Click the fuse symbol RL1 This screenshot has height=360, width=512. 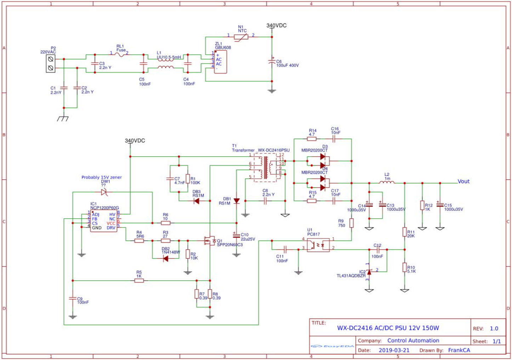pyautogui.click(x=120, y=54)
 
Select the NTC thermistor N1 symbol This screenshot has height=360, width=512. pyautogui.click(x=241, y=36)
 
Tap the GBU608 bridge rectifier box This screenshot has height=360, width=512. pyautogui.click(x=220, y=62)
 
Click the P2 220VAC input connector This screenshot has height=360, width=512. pyautogui.click(x=51, y=64)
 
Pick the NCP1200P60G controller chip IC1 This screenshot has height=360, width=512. pyautogui.click(x=104, y=221)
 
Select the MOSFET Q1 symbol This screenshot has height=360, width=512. pyautogui.click(x=210, y=241)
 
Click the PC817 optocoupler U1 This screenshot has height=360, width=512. pyautogui.click(x=318, y=245)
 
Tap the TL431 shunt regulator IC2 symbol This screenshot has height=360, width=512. pyautogui.click(x=369, y=272)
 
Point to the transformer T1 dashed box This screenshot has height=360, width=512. pyautogui.click(x=266, y=167)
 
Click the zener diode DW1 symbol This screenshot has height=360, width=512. pyautogui.click(x=104, y=192)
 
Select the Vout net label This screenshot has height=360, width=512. pyautogui.click(x=463, y=181)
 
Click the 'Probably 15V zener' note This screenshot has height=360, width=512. pyautogui.click(x=102, y=177)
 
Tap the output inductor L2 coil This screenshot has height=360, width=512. pyautogui.click(x=387, y=182)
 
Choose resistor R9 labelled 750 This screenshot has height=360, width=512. pyautogui.click(x=351, y=223)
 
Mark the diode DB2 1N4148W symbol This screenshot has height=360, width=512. pyautogui.click(x=165, y=258)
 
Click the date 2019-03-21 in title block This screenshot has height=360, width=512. pyautogui.click(x=394, y=350)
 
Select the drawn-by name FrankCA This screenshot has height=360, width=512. pyautogui.click(x=459, y=350)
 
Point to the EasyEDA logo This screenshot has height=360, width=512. pyautogui.click(x=332, y=346)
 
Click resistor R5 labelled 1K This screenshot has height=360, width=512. pyautogui.click(x=139, y=281)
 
